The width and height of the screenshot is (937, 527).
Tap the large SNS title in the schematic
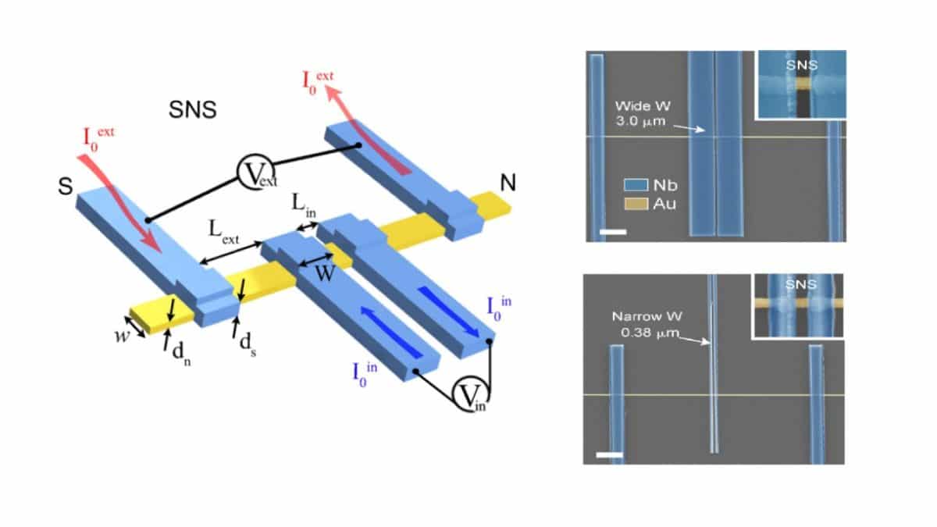(193, 110)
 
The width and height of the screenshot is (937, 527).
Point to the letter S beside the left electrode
(66, 186)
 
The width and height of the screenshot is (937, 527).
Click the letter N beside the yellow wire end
(508, 183)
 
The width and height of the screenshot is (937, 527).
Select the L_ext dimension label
(224, 233)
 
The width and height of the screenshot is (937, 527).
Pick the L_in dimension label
(304, 206)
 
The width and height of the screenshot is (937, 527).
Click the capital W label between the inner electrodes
(325, 274)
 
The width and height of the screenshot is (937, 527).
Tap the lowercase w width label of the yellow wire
(122, 336)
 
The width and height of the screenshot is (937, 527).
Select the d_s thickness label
(248, 345)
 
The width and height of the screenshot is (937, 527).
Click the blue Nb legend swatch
(636, 185)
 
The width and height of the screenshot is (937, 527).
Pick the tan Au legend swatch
(636, 204)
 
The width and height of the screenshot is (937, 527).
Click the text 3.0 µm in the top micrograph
(640, 122)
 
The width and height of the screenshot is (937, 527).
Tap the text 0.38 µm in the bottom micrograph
(650, 333)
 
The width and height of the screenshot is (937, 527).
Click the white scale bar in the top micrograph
(613, 232)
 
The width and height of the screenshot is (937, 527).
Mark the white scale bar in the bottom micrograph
(610, 454)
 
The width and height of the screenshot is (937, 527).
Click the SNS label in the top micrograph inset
(802, 66)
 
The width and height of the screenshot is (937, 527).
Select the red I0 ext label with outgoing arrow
(318, 83)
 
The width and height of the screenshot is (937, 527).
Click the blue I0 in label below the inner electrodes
(365, 375)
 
